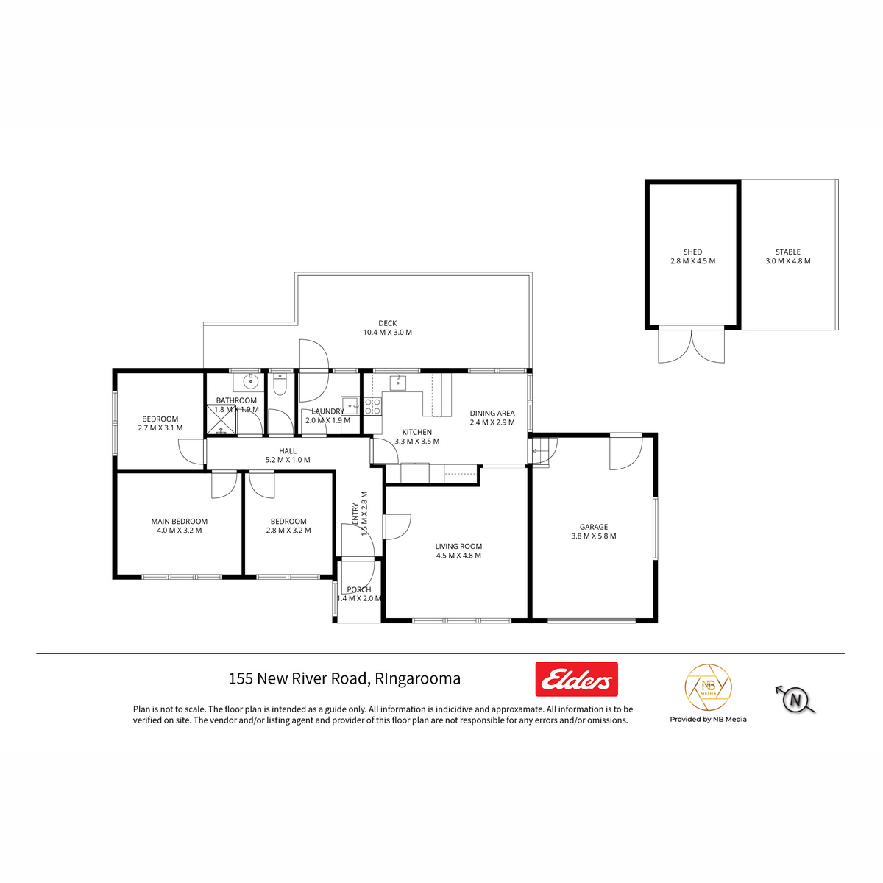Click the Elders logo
point(576,678)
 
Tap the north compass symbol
point(795,701)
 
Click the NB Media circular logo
point(708,687)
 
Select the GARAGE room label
point(593,527)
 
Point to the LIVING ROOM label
point(458,546)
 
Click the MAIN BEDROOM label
point(179,522)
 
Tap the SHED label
point(692,252)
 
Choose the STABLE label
point(787,252)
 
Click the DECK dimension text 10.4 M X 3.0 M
point(387,332)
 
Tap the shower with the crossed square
point(221,419)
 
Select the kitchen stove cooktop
point(372,406)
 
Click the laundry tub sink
point(350,405)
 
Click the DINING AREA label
point(492,414)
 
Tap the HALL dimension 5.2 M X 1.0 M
point(288,460)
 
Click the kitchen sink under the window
point(398,382)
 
